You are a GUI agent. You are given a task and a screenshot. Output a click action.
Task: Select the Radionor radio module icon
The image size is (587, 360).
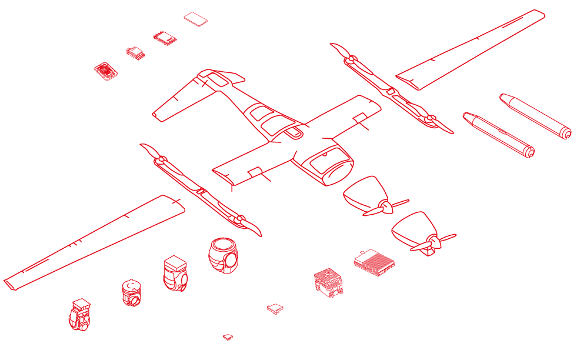click(165, 38)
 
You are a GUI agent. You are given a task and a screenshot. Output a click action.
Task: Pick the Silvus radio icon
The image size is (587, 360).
click(136, 52)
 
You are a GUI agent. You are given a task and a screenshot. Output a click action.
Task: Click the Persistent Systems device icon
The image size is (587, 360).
click(106, 72)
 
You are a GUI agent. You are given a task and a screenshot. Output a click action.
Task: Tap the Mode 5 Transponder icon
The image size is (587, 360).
click(275, 309)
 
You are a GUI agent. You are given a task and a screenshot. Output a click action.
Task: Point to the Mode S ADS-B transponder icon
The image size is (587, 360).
click(227, 338)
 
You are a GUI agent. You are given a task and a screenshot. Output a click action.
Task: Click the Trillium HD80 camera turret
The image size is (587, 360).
click(177, 274)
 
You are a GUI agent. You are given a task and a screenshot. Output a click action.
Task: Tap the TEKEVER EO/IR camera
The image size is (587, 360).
click(79, 315)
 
